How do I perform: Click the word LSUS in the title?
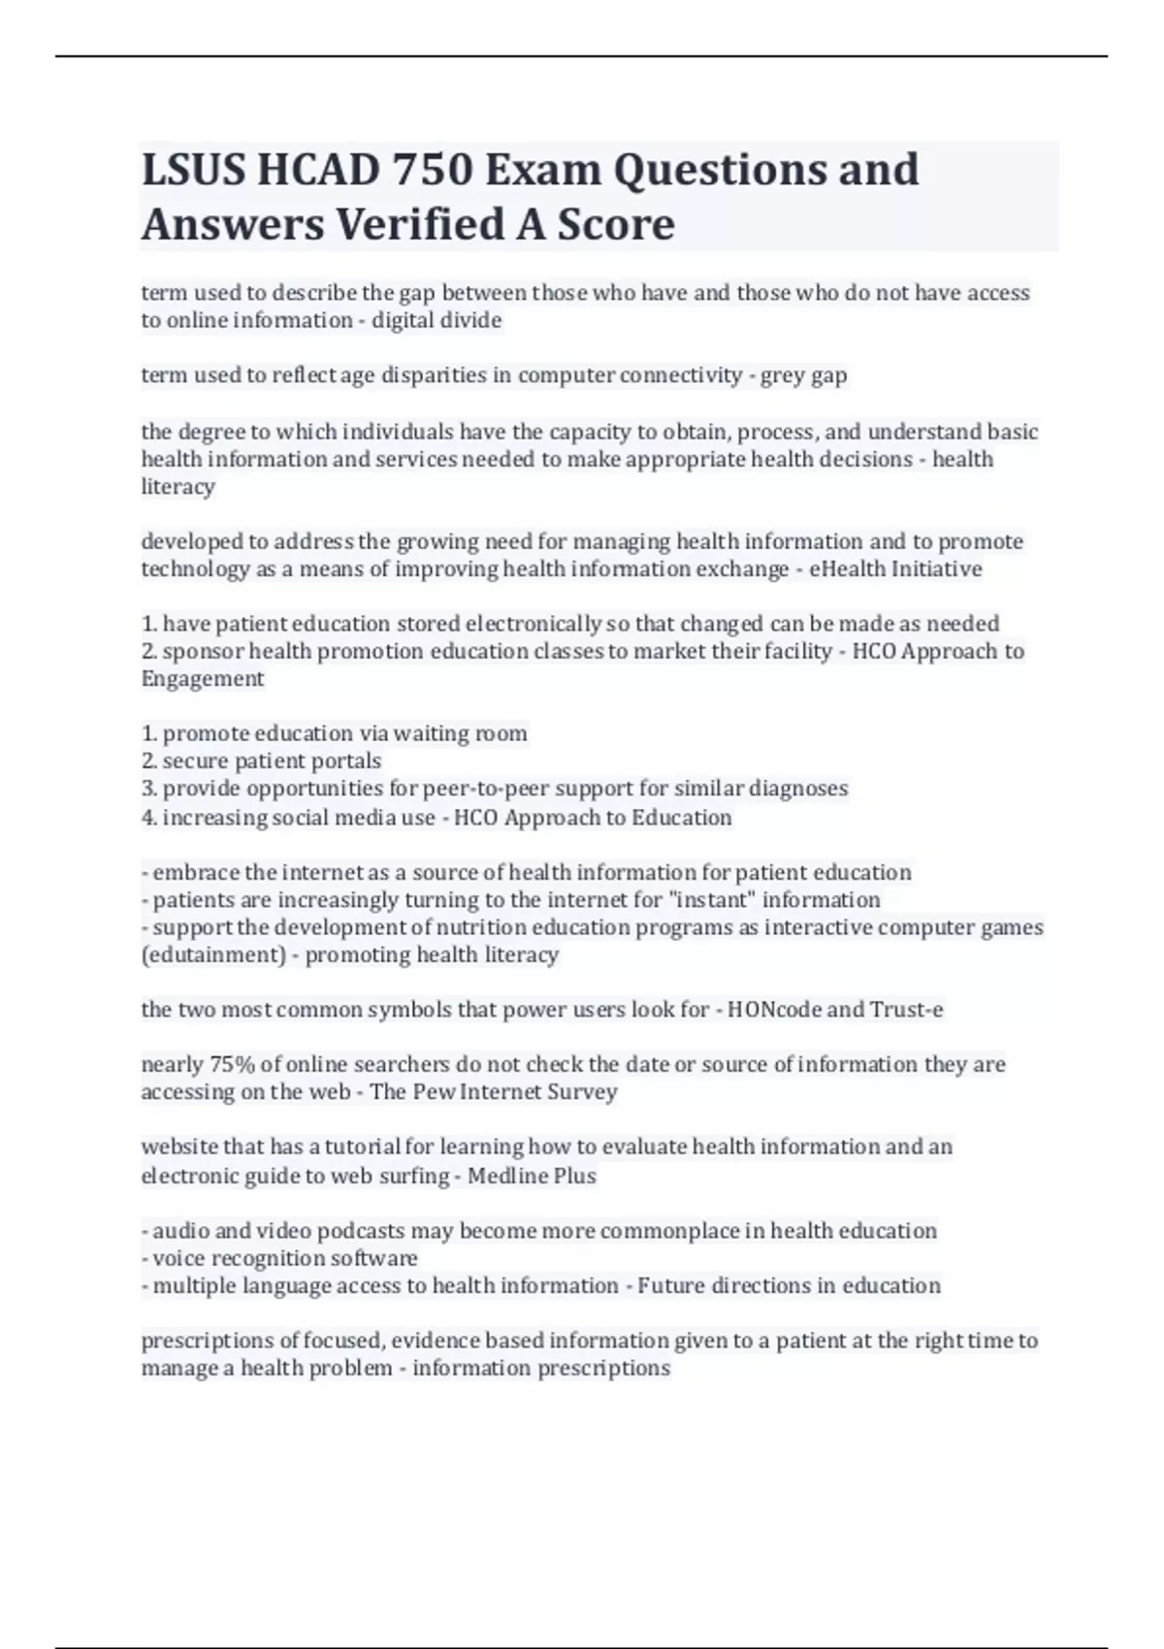click(x=193, y=170)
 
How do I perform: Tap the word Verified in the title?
click(x=421, y=224)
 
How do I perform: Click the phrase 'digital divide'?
click(x=436, y=320)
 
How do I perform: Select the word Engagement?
click(x=202, y=679)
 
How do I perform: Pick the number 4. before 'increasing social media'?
click(x=149, y=818)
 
